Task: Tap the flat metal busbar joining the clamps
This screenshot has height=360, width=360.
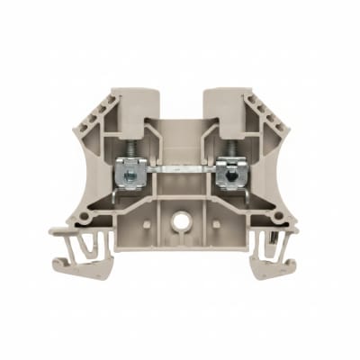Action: coord(180,168)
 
